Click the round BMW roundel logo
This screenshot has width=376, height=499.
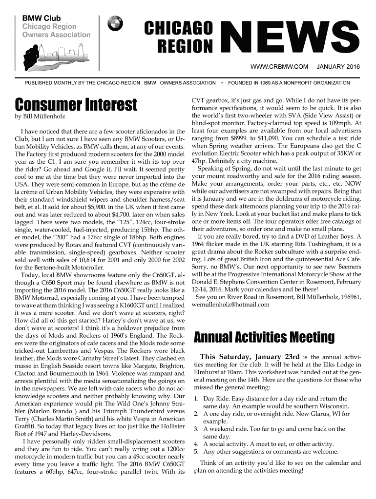click(x=118, y=23)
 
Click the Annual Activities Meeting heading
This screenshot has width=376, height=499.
click(x=264, y=337)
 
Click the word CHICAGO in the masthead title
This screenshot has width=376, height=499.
click(x=178, y=29)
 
